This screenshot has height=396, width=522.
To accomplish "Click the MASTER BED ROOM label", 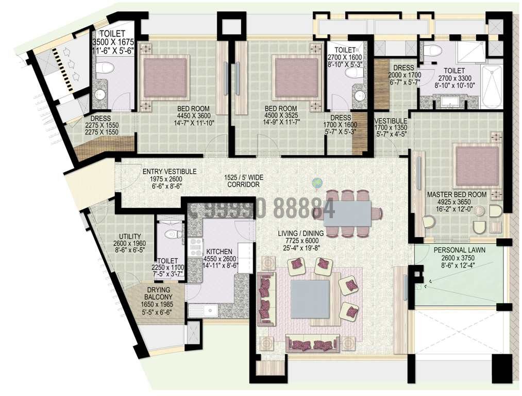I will click(x=457, y=194).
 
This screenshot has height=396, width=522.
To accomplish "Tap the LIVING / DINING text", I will click(x=301, y=234).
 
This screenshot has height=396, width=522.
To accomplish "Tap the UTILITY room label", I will click(x=129, y=237).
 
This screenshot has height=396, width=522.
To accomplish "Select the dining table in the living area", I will click(x=347, y=213).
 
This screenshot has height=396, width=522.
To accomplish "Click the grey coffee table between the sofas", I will click(x=309, y=299).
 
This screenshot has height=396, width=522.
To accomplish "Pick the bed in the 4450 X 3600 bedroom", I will click(x=164, y=77).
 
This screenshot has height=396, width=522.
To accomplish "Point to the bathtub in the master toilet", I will click(x=492, y=86).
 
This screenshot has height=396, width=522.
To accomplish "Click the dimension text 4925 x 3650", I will click(x=457, y=202).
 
